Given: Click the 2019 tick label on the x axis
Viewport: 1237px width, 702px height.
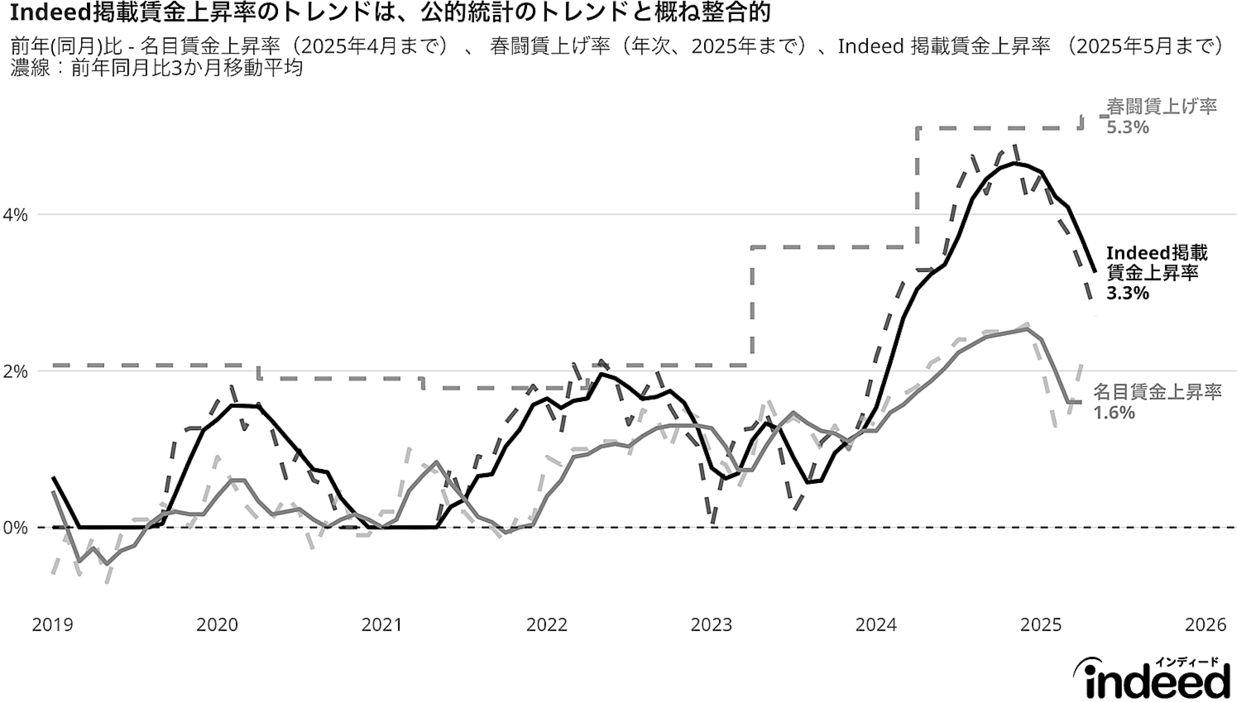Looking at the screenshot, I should (53, 625).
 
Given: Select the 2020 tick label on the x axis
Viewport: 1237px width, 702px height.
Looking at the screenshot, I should (217, 625).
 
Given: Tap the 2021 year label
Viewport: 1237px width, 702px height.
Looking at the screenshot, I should (382, 625).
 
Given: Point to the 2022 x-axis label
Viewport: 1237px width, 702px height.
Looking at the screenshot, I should (547, 625).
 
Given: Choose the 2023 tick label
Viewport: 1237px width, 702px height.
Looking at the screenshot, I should (711, 625).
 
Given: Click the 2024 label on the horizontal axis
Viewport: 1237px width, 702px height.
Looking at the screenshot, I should (876, 625).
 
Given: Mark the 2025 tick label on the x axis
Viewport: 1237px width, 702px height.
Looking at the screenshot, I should (1041, 625).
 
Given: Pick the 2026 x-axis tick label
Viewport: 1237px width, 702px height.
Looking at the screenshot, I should (1205, 625).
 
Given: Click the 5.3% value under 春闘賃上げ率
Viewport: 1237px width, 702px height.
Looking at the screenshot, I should (1127, 128).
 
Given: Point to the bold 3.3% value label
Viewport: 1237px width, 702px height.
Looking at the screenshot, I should (1127, 293).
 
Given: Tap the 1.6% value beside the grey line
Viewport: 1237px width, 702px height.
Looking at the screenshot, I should (1114, 413).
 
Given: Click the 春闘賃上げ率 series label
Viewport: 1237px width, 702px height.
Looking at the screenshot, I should (1162, 107).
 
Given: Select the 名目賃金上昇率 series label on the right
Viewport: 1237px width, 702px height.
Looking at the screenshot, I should (1157, 392).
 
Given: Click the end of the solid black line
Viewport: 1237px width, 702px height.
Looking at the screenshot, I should (1095, 272).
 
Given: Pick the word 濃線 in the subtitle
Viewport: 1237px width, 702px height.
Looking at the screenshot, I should (30, 68).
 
